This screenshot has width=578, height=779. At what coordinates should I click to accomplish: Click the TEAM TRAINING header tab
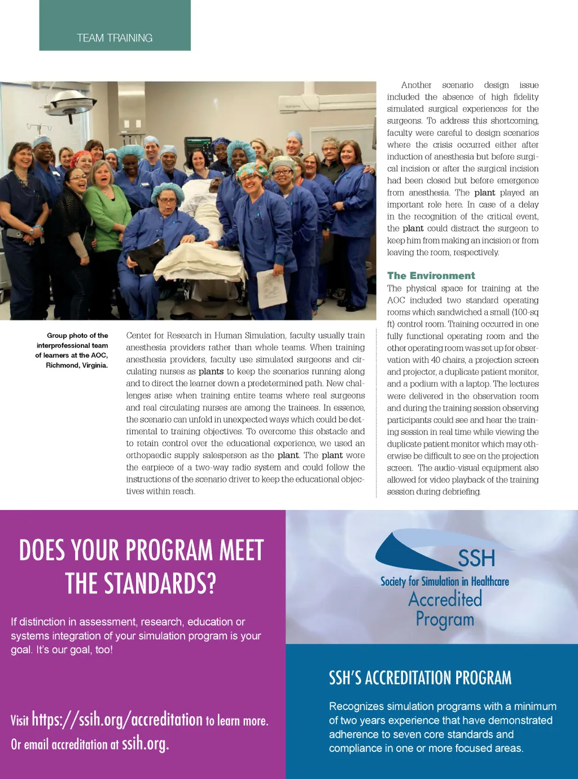(115, 38)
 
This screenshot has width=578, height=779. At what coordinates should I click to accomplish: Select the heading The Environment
(431, 276)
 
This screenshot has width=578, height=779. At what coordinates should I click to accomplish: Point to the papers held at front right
(272, 288)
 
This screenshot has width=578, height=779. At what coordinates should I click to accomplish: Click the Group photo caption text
(72, 350)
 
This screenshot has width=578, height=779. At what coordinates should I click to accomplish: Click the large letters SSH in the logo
(476, 558)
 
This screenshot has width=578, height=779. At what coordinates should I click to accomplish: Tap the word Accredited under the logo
(445, 599)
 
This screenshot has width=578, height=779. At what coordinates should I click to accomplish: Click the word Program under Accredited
(445, 620)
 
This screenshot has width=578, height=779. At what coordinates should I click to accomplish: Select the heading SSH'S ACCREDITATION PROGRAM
(420, 678)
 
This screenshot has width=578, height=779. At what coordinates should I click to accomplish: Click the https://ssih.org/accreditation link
(117, 719)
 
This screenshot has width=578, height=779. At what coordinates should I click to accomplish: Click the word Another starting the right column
(416, 85)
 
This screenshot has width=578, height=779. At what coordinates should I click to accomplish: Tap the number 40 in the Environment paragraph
(435, 360)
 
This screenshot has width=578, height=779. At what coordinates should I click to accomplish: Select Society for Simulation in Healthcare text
(444, 581)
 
